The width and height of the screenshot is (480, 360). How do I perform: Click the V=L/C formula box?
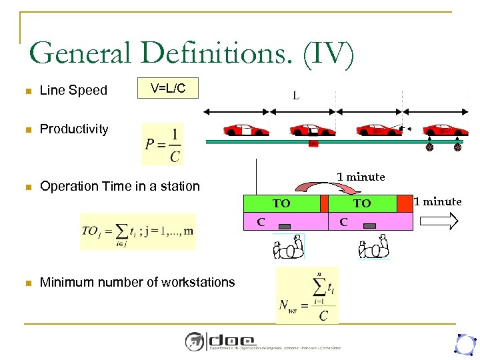tap(168, 89)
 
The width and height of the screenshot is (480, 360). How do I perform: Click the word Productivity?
tap(74, 129)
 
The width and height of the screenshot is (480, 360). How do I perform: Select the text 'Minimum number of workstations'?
tap(137, 282)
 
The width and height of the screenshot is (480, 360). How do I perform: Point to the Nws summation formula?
tap(307, 295)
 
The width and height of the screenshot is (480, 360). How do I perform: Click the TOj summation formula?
tap(138, 231)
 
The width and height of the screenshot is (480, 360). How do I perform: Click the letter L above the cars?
tap(296, 96)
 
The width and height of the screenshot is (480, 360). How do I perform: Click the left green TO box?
tap(281, 203)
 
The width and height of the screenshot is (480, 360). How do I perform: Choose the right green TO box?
tap(362, 203)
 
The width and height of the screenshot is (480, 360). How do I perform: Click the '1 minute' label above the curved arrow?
tap(361, 177)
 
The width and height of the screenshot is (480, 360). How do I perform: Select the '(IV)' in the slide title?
tap(329, 54)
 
